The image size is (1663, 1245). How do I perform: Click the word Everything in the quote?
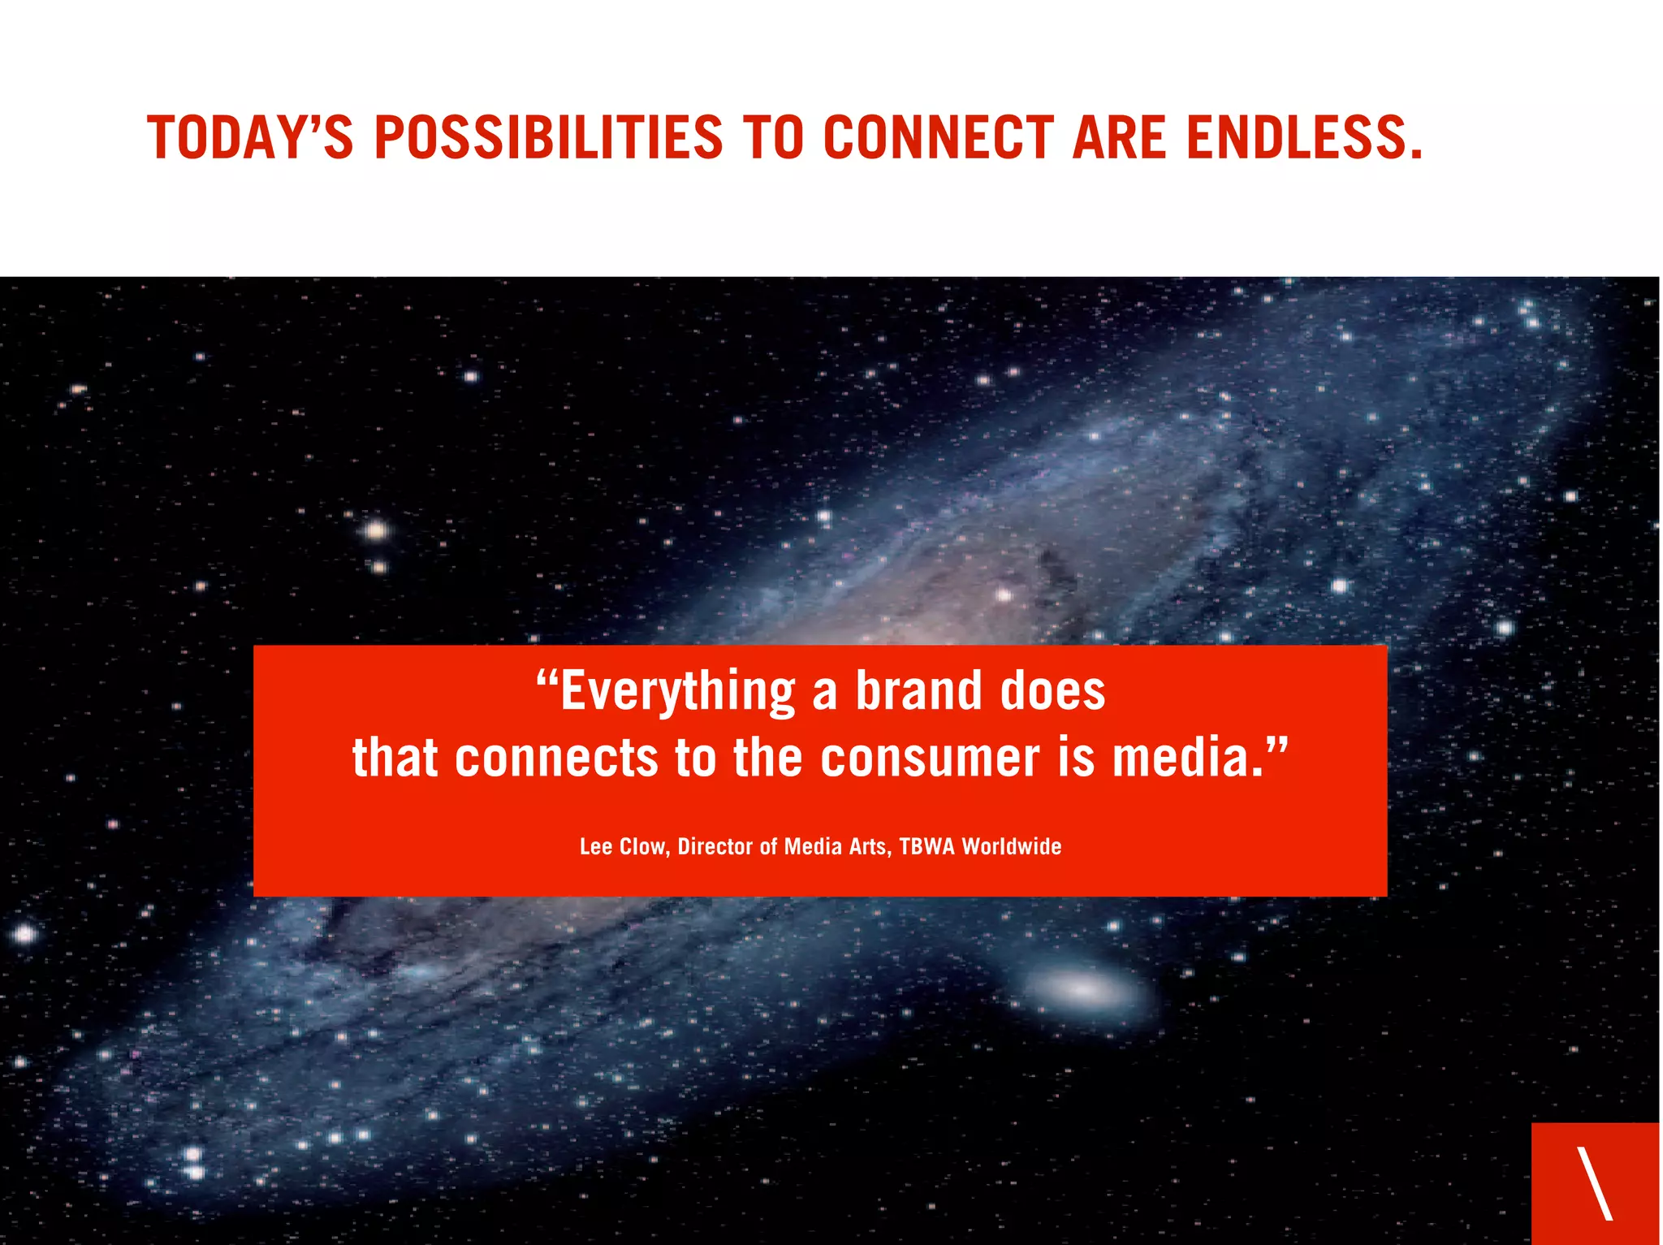tap(678, 693)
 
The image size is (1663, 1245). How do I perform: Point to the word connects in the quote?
tap(556, 758)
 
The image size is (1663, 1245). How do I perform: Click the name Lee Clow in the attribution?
tap(623, 847)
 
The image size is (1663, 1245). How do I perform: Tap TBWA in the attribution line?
tap(927, 847)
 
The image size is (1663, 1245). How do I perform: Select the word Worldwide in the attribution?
tap(1012, 847)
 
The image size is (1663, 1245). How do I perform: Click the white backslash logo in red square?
tap(1594, 1183)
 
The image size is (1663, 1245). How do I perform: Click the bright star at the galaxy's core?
tap(1004, 595)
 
